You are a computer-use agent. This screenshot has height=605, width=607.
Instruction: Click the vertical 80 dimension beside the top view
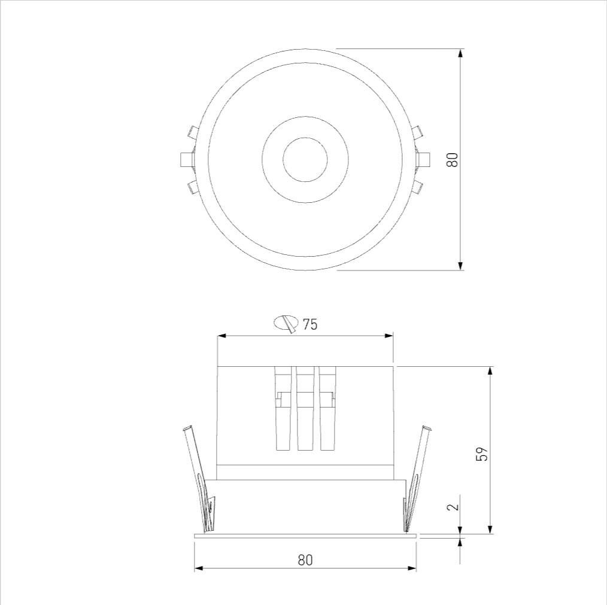pos(452,159)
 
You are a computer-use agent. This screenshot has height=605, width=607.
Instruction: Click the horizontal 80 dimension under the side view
pos(305,560)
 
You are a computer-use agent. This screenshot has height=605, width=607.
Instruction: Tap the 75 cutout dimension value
pos(309,324)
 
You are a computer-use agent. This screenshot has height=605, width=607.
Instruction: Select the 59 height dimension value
pos(482,454)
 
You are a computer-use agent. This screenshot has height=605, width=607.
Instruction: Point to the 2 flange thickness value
pos(453,506)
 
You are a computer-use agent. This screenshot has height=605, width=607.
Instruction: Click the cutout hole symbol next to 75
pos(286,323)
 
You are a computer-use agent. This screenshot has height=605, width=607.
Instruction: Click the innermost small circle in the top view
pos(305,159)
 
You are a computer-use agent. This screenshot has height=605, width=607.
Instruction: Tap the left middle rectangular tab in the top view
pos(187,159)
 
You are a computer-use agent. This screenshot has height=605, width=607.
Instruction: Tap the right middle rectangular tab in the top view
pos(423,159)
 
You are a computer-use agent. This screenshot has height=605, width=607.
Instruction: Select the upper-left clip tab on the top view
pos(192,132)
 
